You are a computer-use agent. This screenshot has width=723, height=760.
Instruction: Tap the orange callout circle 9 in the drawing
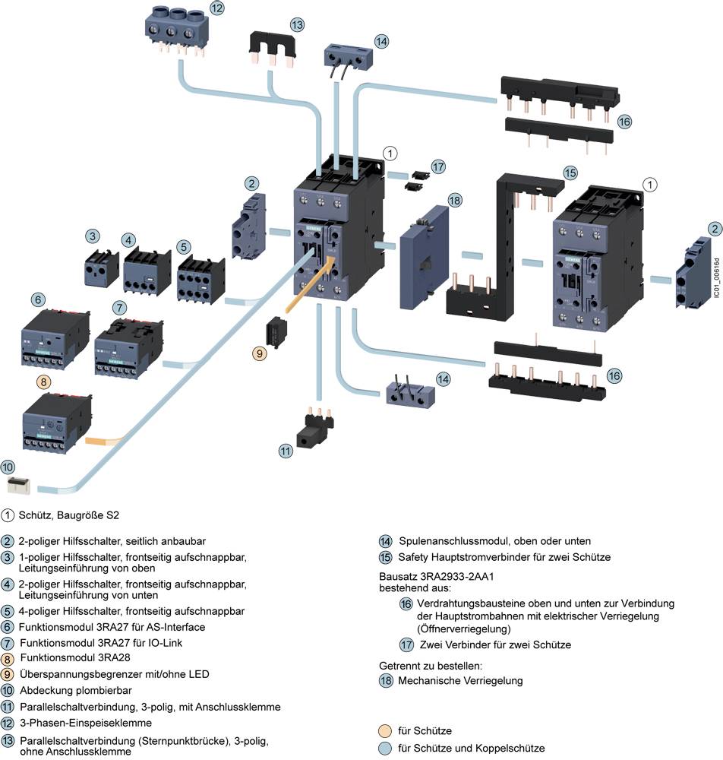click(260, 353)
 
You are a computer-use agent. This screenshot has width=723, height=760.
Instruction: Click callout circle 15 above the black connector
click(570, 173)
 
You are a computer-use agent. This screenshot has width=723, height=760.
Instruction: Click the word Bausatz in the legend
click(398, 575)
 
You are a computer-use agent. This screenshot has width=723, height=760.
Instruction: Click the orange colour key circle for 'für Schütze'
click(386, 731)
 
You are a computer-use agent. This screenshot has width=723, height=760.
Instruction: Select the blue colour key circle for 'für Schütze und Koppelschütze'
click(386, 748)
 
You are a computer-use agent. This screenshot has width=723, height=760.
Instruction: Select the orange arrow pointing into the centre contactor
click(310, 284)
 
